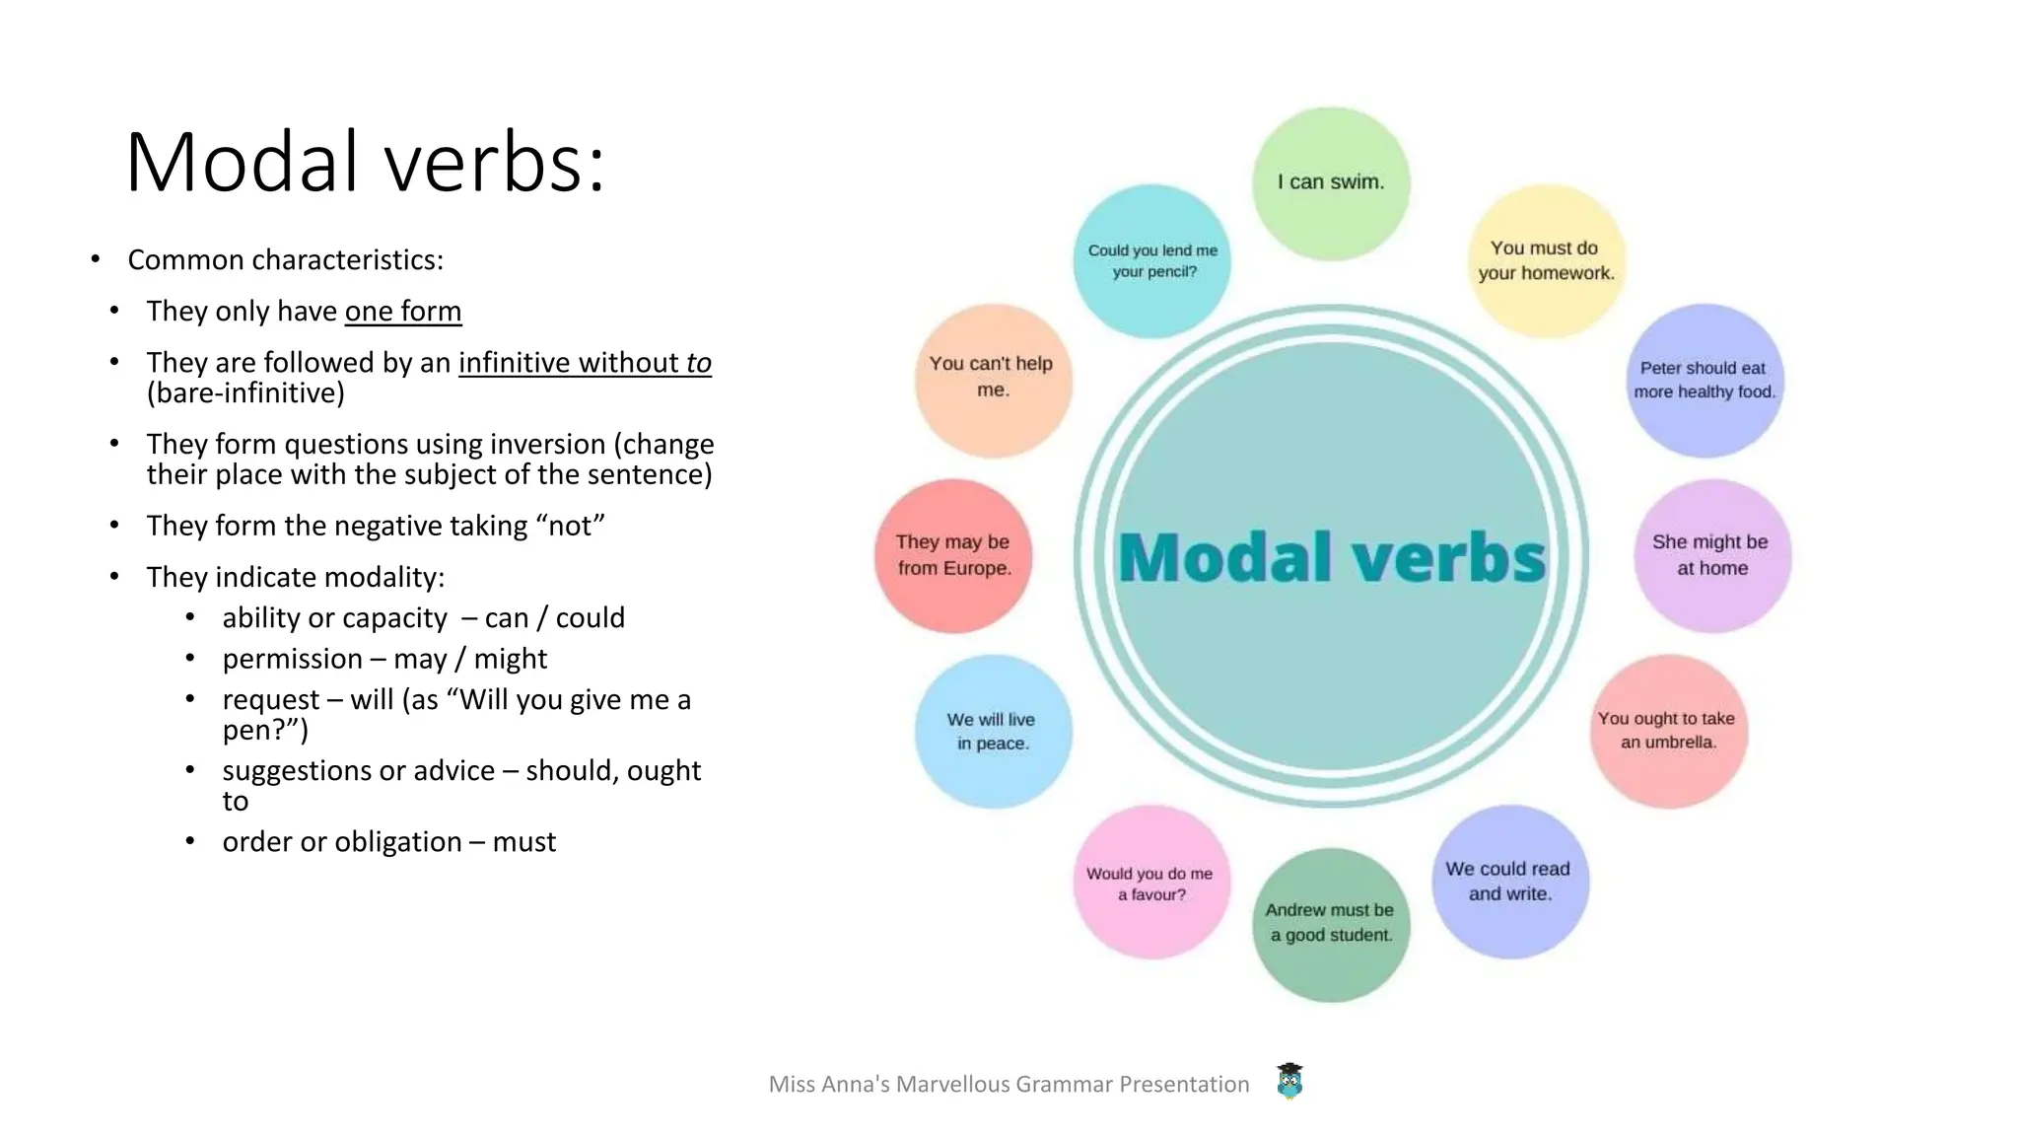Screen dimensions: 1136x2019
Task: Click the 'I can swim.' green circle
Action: coord(1331,183)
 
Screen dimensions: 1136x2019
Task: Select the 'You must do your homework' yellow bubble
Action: coord(1546,261)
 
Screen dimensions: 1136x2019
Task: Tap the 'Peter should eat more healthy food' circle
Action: coord(1705,381)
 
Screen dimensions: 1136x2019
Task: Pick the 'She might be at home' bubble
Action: coord(1712,555)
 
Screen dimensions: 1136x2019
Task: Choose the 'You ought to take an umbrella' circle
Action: coord(1668,731)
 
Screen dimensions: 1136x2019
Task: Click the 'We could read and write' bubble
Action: coord(1509,882)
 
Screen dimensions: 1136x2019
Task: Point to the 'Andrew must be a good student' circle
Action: coord(1331,924)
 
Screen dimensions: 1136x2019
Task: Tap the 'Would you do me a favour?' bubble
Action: coord(1151,884)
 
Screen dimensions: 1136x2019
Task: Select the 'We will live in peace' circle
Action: coord(993,732)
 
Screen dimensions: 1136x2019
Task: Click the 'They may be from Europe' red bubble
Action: coord(953,555)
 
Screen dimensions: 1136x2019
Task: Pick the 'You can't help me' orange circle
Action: coord(993,379)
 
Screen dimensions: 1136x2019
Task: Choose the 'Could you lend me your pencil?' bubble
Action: coord(1152,261)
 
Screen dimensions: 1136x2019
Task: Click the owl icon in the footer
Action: coord(1289,1082)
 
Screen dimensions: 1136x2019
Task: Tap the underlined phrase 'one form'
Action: coord(402,312)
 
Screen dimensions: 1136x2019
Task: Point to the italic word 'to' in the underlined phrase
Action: coord(698,363)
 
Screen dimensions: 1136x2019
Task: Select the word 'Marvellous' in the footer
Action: coord(952,1085)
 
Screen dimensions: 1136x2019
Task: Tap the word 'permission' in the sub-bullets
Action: coord(292,659)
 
